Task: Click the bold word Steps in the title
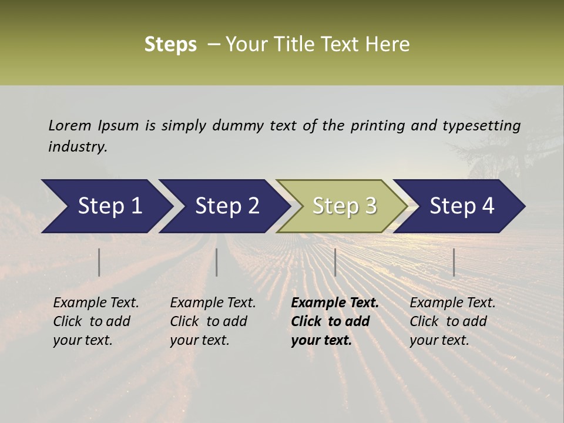click(170, 44)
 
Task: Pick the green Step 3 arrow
click(344, 206)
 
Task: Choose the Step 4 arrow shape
click(462, 206)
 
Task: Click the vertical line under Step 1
click(99, 262)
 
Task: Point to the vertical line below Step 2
click(217, 262)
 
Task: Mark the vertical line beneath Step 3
click(335, 262)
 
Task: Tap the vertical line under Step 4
click(454, 262)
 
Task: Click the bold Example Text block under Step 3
click(334, 321)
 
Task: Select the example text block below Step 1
click(96, 321)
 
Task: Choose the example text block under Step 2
click(213, 321)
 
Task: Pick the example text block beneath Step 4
click(452, 321)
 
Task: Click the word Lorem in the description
click(70, 125)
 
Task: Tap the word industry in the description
click(78, 147)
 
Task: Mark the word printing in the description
click(378, 126)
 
